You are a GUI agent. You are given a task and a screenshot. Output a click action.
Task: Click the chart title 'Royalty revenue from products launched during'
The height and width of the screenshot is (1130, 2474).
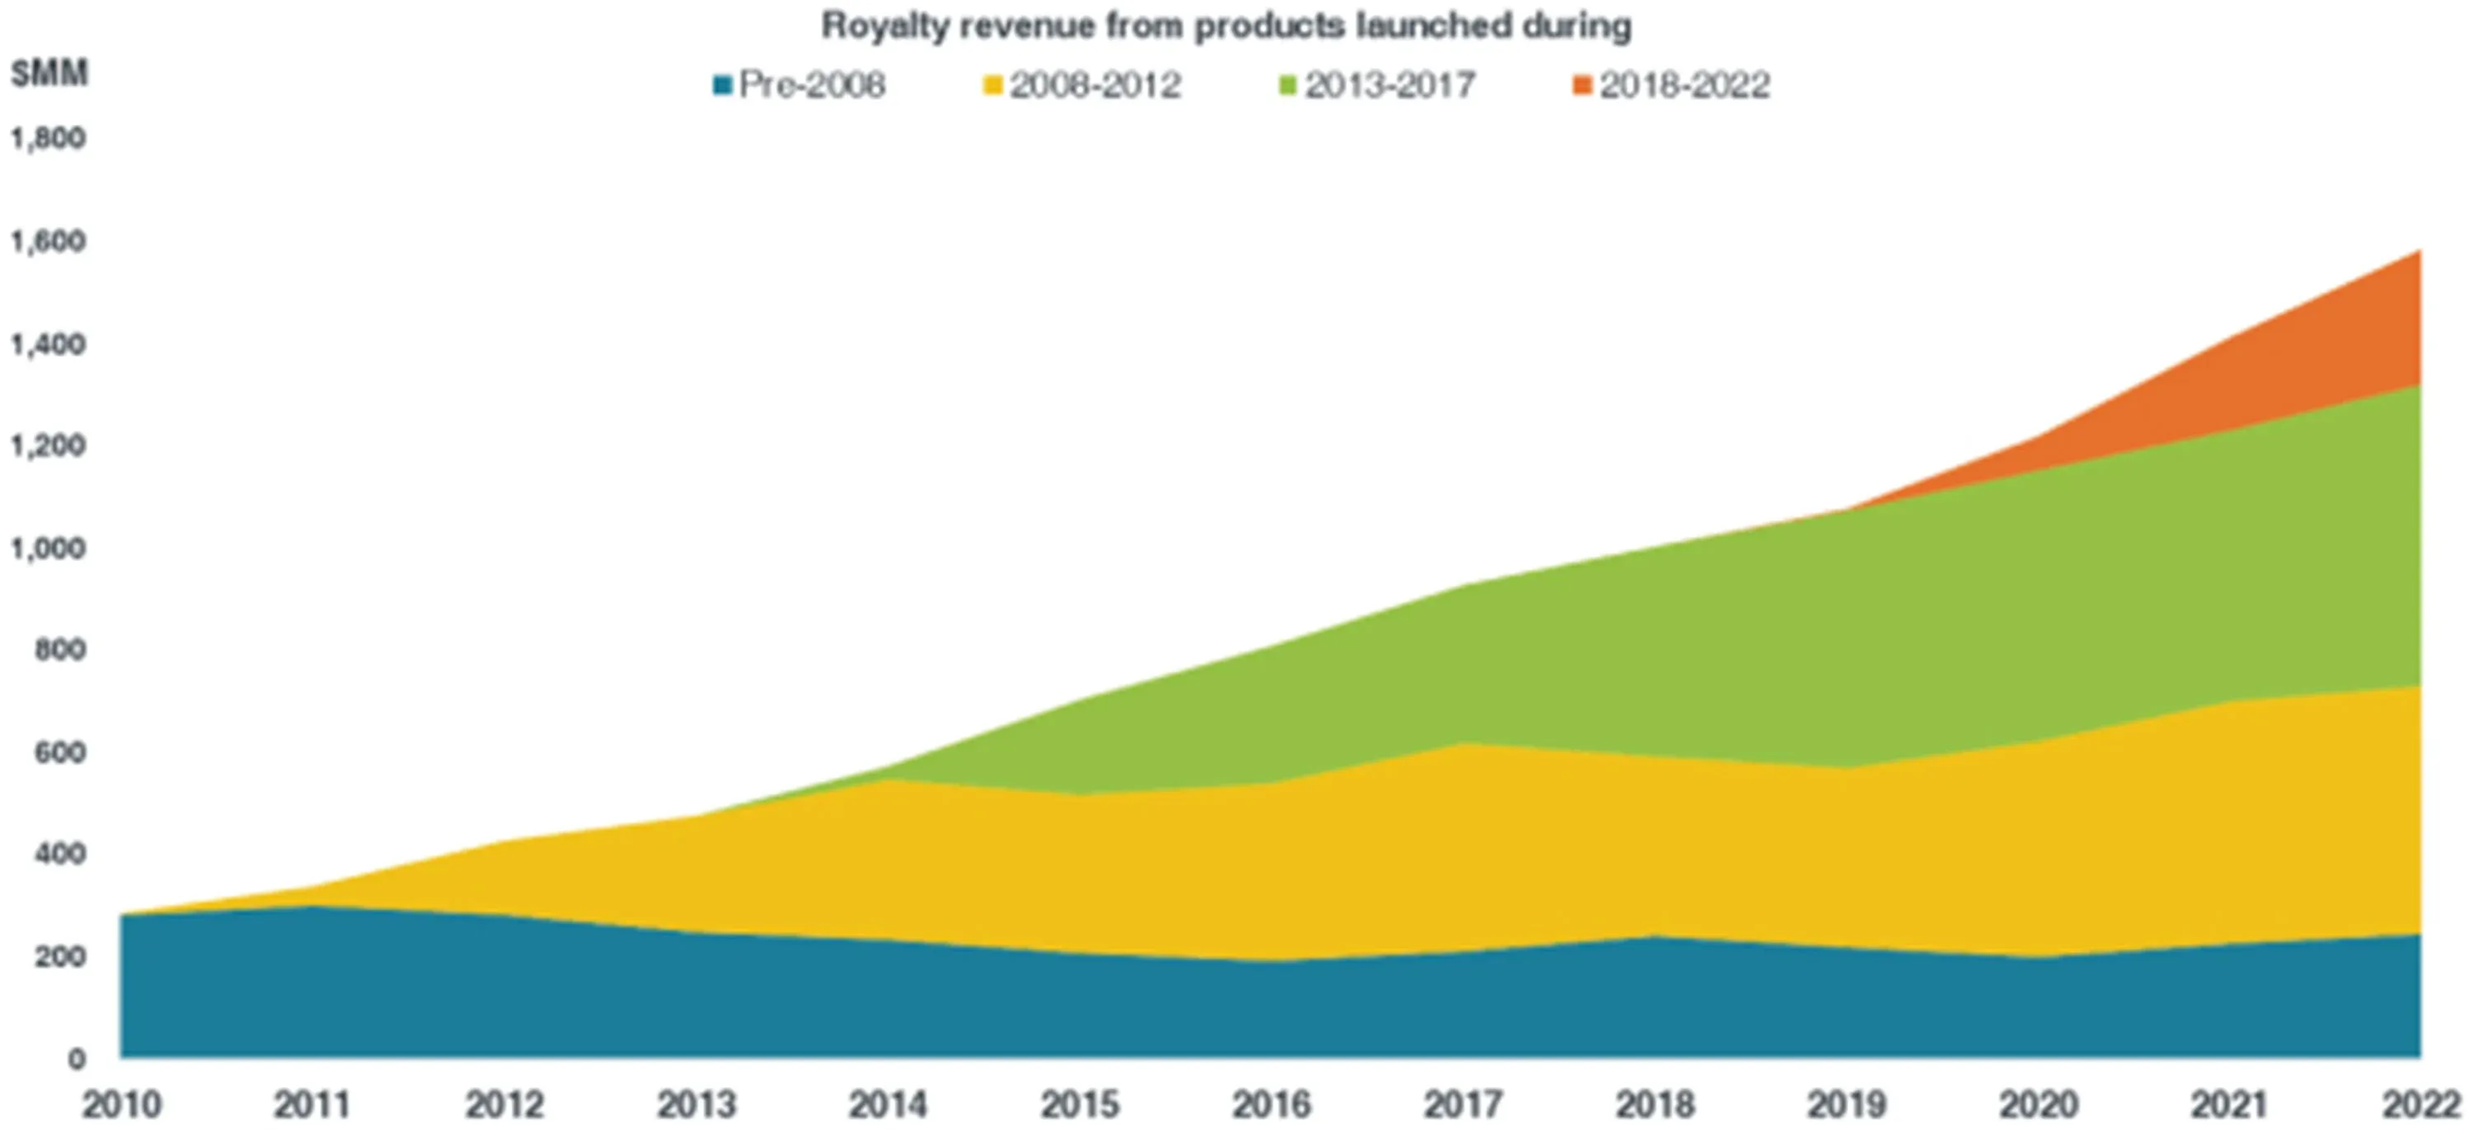[1226, 26]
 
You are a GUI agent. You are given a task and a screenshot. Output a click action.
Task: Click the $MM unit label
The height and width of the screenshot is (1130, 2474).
[49, 73]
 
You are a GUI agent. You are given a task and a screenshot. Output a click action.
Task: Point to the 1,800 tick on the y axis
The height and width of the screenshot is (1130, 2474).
[48, 139]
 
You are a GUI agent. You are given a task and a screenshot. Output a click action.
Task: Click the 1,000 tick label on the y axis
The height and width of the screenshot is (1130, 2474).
[48, 549]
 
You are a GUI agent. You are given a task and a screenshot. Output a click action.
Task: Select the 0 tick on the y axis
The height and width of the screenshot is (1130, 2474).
[77, 1059]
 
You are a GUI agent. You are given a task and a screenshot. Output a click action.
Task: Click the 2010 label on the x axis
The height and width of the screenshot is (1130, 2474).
[121, 1105]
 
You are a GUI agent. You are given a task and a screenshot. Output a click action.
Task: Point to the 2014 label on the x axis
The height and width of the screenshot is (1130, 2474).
[887, 1105]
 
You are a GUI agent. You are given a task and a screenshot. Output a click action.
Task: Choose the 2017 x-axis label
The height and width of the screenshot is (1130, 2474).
[1462, 1105]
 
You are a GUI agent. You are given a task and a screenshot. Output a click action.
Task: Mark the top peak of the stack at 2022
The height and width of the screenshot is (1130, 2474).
[2418, 251]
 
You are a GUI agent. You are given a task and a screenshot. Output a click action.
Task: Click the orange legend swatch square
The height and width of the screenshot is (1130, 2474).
[1583, 87]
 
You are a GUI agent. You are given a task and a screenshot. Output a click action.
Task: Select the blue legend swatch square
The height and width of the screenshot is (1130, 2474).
[722, 87]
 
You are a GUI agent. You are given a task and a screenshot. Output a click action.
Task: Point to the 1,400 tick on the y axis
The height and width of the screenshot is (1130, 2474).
[48, 344]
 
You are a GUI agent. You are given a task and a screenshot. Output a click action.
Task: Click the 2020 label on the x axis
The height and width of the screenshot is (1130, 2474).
[2037, 1105]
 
